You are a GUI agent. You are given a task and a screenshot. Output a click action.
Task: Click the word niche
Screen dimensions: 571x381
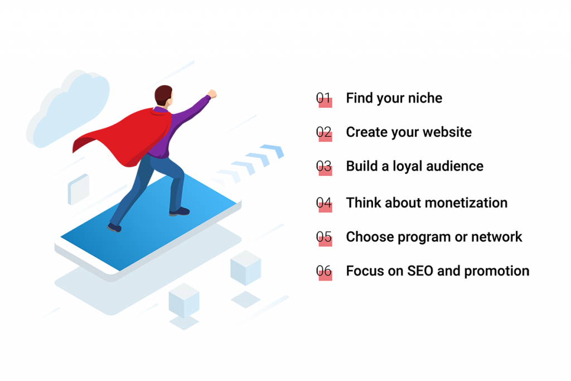(x=425, y=98)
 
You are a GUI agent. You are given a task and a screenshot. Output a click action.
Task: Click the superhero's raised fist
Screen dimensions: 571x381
(x=212, y=94)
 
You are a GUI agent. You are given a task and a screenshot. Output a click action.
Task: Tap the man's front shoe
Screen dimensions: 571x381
(x=180, y=211)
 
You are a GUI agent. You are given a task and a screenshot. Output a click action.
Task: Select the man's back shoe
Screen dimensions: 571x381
(x=114, y=228)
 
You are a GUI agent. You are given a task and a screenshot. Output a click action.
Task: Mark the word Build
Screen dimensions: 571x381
(x=361, y=166)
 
